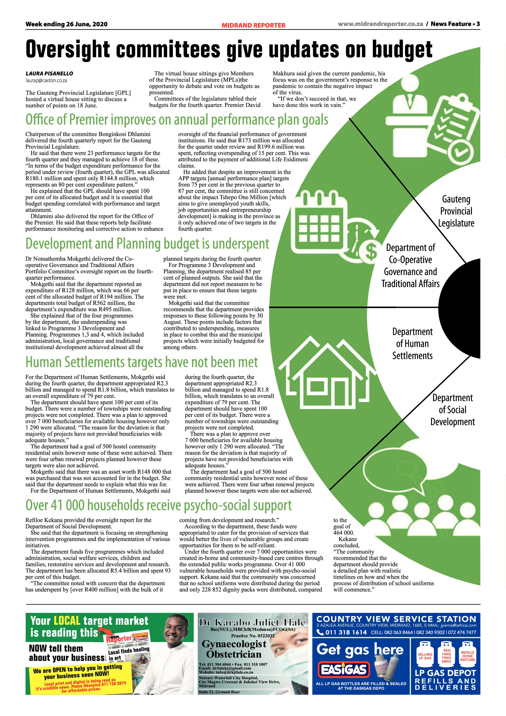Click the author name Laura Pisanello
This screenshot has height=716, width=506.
(x=49, y=74)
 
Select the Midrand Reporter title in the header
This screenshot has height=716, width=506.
(x=254, y=25)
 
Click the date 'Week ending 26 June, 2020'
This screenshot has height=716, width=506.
(x=66, y=24)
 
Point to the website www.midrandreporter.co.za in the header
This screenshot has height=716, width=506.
(x=381, y=24)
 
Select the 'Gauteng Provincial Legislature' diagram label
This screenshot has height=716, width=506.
(x=456, y=211)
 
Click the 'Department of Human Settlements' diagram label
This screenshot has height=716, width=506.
(x=413, y=344)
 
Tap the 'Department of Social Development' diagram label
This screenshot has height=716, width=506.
(x=452, y=410)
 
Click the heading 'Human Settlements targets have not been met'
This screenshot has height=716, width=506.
(x=142, y=362)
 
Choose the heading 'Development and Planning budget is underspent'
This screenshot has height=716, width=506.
(x=147, y=244)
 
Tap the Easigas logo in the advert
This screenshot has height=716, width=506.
(x=344, y=669)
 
